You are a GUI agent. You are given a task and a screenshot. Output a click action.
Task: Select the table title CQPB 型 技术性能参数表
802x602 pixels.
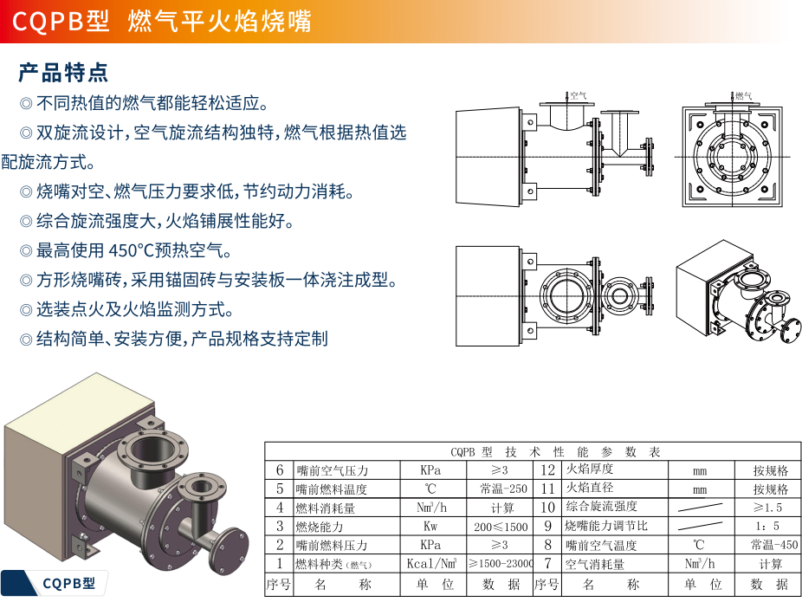pyautogui.click(x=555, y=451)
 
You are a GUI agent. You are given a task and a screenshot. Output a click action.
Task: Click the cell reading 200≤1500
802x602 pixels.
pyautogui.click(x=501, y=527)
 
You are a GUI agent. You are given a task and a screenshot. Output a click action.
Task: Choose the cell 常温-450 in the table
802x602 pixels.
pyautogui.click(x=770, y=545)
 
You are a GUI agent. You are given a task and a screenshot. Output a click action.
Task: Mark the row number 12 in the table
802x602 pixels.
pyautogui.click(x=547, y=470)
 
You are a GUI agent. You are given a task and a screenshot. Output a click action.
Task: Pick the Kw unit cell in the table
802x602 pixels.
pyautogui.click(x=430, y=527)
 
